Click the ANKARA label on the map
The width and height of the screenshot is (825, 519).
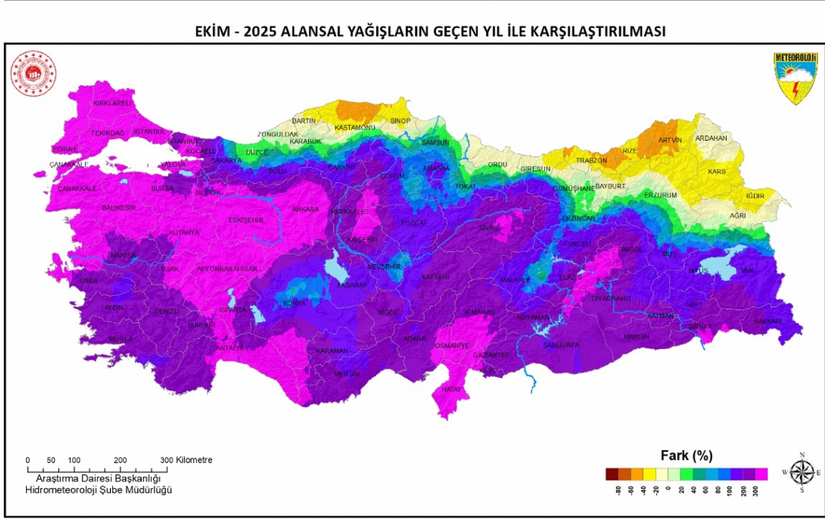coord(305,209)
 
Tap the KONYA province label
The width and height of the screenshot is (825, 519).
coord(294,303)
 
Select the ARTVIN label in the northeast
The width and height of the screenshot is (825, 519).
coord(670,140)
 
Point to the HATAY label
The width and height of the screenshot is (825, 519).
coord(451,389)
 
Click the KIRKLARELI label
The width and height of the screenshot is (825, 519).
coord(112,104)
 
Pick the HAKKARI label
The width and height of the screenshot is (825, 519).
coord(767,321)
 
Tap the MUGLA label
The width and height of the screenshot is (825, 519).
coord(120,339)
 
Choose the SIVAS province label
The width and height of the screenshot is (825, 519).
coord(488,228)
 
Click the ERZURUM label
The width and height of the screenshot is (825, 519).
coord(660,195)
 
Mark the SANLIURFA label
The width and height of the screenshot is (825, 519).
coord(561,345)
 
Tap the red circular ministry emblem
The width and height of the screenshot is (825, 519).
coord(33,74)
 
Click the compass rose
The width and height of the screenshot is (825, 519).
coord(802,473)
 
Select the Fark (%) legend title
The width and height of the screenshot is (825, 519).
coord(686,456)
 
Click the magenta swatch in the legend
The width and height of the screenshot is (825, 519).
coord(761,474)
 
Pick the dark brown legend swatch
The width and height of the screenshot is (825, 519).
coord(612,474)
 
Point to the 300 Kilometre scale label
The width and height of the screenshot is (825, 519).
coord(186,460)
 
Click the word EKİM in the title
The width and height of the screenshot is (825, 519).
coord(212,31)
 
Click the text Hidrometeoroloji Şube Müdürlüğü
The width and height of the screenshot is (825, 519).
coord(99,490)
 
